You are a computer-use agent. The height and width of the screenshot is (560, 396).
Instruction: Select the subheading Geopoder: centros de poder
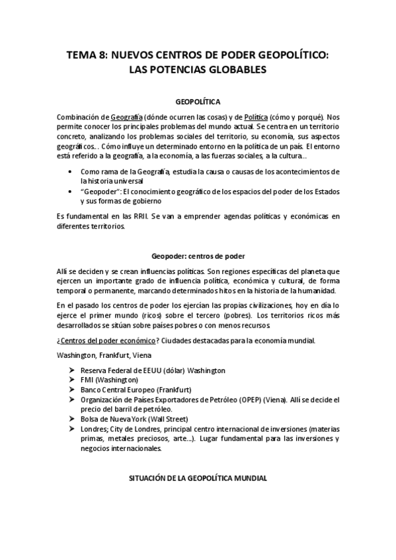pos(198,257)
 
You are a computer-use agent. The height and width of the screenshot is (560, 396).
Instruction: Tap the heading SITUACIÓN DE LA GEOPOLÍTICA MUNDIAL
pos(198,477)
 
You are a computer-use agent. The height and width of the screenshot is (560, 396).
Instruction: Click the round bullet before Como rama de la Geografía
pos(71,171)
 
